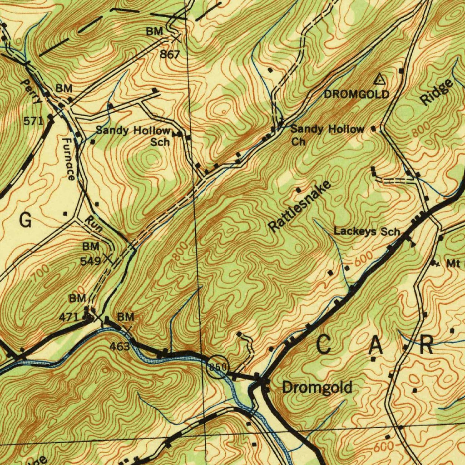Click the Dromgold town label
tap(317, 387)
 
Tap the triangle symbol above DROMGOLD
tap(380, 80)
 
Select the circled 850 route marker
tap(217, 367)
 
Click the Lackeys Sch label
tap(367, 232)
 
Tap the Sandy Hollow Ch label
tap(327, 135)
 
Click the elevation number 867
tap(170, 54)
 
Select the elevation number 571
tap(33, 120)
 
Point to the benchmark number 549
tap(90, 261)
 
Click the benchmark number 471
tap(69, 317)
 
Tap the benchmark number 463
tap(120, 347)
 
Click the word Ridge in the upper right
tap(437, 93)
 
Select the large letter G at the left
tap(26, 220)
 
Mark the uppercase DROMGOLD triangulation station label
tap(356, 94)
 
